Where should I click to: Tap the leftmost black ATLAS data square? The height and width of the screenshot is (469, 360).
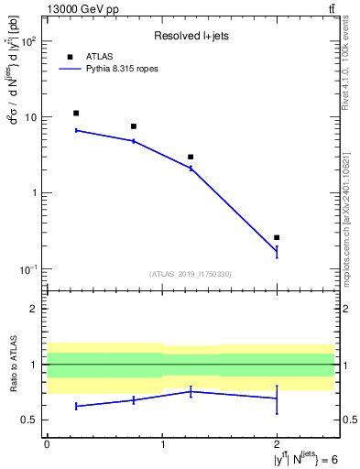(76, 114)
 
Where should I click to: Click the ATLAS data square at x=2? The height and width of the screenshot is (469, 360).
(277, 237)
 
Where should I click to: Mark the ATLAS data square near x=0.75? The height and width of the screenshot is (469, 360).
(134, 126)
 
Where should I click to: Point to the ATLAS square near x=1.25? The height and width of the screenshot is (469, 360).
(191, 157)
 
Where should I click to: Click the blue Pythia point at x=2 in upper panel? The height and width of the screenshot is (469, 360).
(277, 251)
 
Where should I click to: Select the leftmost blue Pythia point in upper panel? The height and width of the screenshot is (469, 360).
(76, 130)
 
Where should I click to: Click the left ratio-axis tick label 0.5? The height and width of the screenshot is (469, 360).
(31, 420)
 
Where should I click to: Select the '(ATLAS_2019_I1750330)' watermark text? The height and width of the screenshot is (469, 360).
(191, 273)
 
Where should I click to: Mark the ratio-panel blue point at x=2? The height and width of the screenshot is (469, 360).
(277, 398)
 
